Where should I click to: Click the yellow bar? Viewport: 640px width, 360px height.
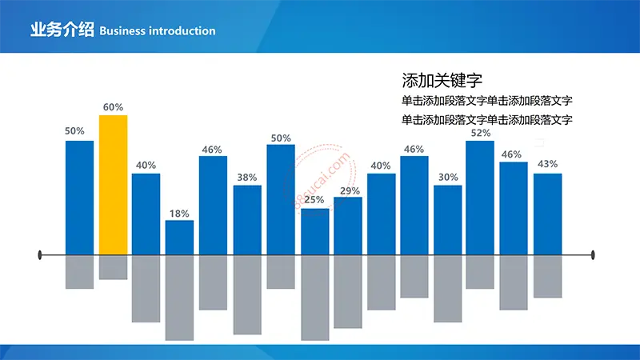point(113,185)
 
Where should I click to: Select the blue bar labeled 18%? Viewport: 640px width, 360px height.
point(179,238)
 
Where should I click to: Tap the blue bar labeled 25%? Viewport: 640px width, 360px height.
point(315,232)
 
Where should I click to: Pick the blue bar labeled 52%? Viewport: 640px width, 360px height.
point(480,198)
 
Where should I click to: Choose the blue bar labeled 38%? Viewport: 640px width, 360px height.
point(247,221)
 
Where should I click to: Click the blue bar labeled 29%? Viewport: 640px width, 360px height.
point(348,226)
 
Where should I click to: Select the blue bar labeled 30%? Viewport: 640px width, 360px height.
point(448,221)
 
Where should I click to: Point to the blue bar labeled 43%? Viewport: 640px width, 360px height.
point(548,214)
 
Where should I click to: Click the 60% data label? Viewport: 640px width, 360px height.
point(113,107)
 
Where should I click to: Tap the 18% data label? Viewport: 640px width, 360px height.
point(179,214)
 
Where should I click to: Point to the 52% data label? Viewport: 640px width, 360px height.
point(481,133)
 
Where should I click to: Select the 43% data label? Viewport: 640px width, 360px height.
point(548,164)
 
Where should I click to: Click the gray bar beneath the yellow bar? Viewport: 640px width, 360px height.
point(113,267)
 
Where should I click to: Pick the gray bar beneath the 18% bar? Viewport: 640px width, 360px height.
point(179,298)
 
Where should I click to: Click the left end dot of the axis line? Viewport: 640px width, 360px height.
point(39,255)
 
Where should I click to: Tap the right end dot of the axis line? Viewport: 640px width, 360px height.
point(593,255)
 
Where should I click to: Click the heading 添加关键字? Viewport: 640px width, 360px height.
point(442,81)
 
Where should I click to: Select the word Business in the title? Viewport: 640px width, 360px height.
point(122,31)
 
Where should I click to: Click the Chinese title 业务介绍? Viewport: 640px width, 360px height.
point(62,30)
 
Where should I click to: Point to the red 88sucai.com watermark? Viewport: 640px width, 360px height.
point(319,178)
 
